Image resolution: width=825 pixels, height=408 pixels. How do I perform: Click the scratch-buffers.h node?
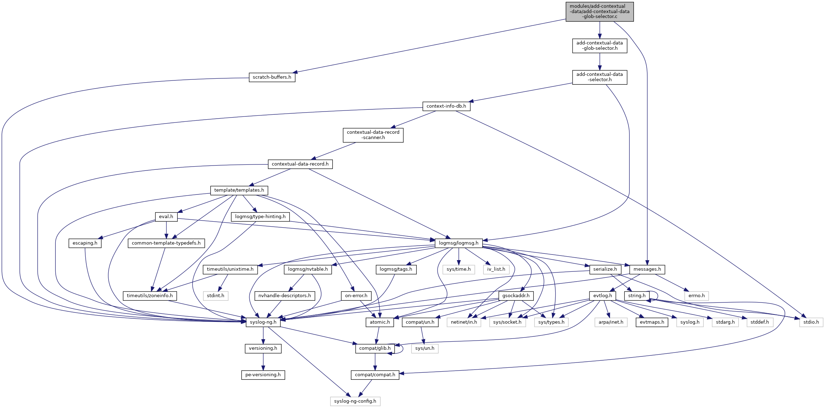[x=272, y=77]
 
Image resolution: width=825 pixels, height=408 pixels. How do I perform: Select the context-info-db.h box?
[x=446, y=106]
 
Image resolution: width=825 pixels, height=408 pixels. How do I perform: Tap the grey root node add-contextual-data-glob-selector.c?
[x=599, y=12]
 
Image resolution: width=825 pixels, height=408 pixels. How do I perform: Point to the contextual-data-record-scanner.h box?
[x=373, y=135]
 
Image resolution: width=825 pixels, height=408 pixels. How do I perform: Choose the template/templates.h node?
[x=239, y=190]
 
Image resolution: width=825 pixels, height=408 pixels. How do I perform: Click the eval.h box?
[x=166, y=217]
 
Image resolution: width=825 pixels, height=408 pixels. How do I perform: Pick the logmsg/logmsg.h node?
[x=458, y=243]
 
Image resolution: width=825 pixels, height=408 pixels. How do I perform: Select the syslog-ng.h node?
[x=263, y=322]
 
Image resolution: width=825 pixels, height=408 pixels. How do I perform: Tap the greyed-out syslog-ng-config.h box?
[x=355, y=401]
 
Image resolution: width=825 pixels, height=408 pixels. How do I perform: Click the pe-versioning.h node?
[x=263, y=375]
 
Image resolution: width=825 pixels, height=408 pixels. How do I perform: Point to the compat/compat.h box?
[x=375, y=375]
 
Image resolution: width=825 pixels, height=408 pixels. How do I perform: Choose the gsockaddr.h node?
[x=516, y=296]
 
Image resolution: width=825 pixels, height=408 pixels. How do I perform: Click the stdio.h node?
[x=811, y=322]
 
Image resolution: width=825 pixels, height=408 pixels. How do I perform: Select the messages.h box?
[x=647, y=269]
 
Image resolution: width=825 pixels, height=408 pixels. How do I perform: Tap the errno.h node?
[x=696, y=296]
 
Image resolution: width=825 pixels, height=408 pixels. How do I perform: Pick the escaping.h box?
[x=85, y=243]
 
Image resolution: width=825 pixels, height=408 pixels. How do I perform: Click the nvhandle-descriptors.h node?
[x=285, y=296]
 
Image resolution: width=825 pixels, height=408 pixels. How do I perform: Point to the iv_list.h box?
[x=496, y=269]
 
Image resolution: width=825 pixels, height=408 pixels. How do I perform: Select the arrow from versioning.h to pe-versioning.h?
[x=263, y=361]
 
